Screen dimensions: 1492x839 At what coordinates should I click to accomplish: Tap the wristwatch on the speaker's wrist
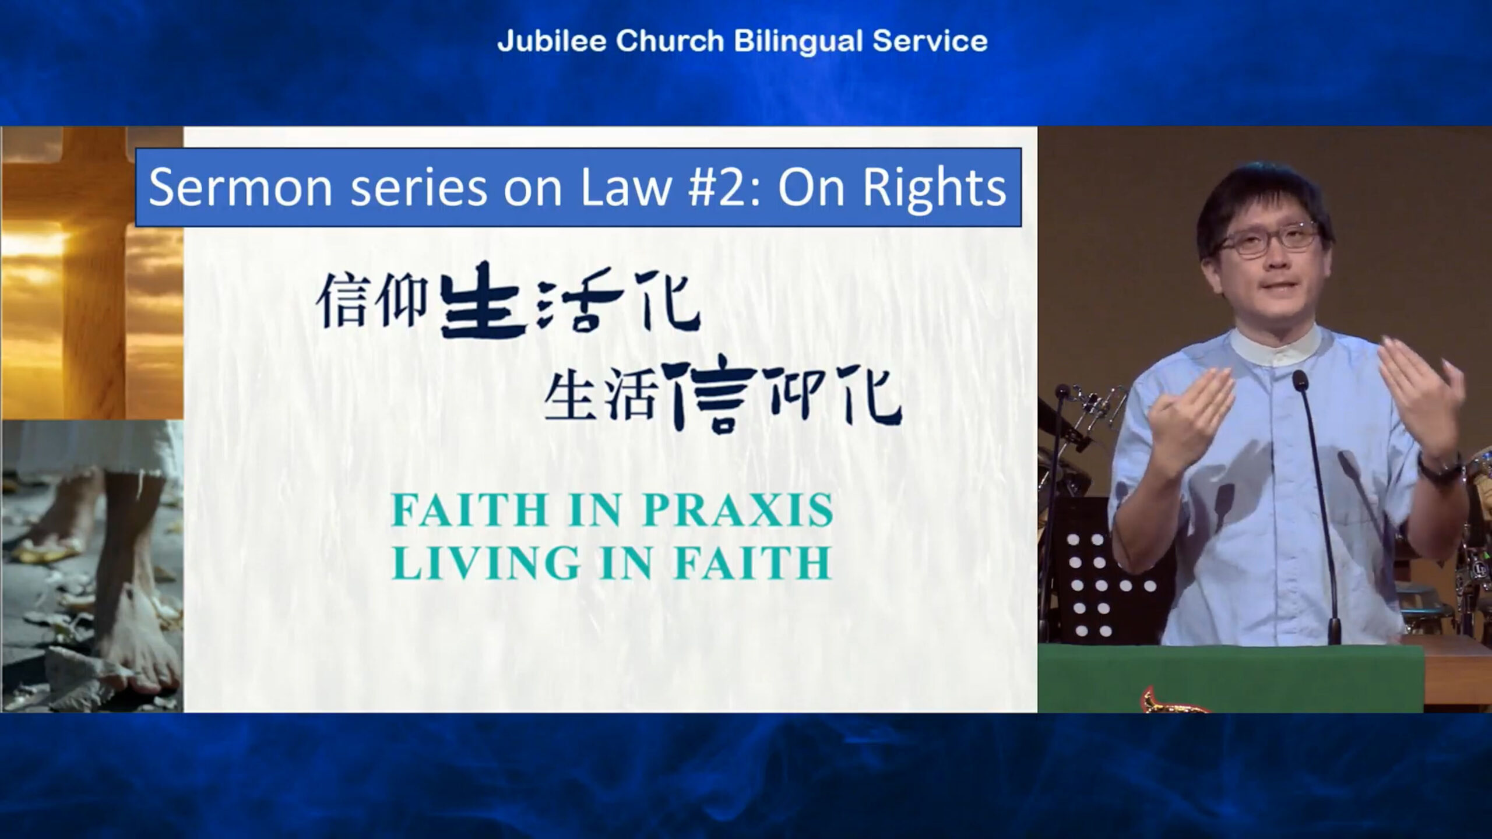pyautogui.click(x=1440, y=466)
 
